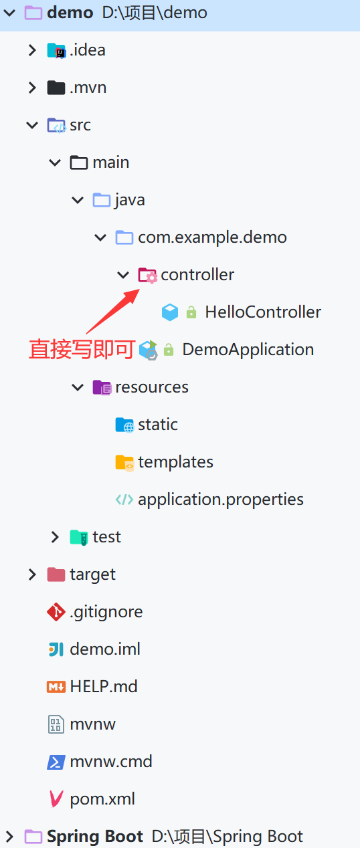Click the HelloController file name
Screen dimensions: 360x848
coord(263,312)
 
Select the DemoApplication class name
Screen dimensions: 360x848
coord(248,349)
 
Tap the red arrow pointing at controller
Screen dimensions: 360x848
coord(113,311)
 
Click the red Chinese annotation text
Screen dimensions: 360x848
coord(82,349)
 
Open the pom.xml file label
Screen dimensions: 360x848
coord(102,799)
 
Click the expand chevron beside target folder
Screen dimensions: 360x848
coord(32,574)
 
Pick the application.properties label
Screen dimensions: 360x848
coord(221,500)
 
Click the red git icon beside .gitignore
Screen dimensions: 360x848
coord(56,612)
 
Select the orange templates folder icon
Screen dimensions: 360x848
coord(124,463)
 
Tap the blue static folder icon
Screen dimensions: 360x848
coord(124,425)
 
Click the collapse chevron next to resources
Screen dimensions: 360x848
coord(78,387)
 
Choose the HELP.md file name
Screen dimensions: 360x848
coord(104,686)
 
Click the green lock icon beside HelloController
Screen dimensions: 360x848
coord(191,312)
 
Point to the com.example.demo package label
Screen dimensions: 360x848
coord(212,237)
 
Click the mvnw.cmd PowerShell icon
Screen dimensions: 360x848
coord(56,762)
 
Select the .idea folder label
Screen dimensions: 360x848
coord(88,50)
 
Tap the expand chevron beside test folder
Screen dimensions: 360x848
coord(55,537)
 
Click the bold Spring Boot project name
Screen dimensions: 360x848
coord(95,836)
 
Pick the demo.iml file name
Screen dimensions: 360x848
coord(105,649)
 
